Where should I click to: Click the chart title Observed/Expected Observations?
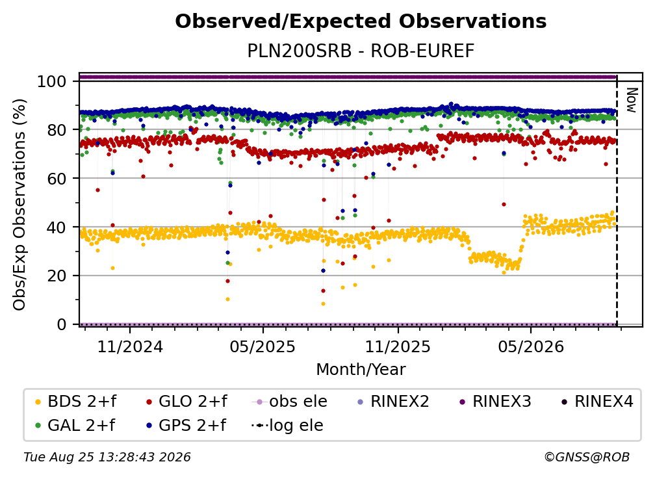click(x=361, y=21)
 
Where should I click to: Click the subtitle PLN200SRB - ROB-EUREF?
click(x=361, y=51)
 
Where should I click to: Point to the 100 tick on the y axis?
click(x=52, y=81)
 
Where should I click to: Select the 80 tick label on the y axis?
click(x=57, y=130)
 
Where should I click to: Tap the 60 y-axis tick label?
click(x=57, y=179)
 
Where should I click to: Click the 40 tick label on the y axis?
click(x=57, y=227)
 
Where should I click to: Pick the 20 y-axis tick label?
click(x=57, y=276)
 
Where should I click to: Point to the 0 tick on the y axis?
click(x=62, y=324)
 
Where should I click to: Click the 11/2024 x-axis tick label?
click(x=130, y=346)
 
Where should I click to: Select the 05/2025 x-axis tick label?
click(x=263, y=346)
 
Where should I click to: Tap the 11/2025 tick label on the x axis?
click(x=398, y=346)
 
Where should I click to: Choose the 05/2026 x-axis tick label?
click(x=530, y=346)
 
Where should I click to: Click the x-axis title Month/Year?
click(x=361, y=369)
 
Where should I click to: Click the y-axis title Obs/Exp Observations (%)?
click(x=19, y=204)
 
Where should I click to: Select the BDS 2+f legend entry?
click(x=75, y=402)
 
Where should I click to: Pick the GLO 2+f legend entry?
click(x=186, y=402)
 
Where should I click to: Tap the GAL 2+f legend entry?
click(x=75, y=425)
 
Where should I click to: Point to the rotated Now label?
click(x=632, y=100)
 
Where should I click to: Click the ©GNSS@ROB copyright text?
click(x=587, y=457)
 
